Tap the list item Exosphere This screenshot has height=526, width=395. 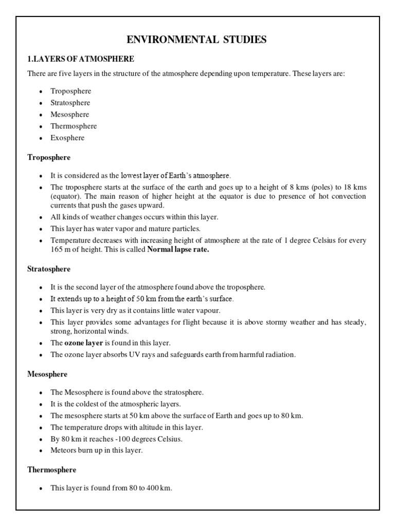pos(67,138)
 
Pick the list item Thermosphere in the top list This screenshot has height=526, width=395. pos(74,126)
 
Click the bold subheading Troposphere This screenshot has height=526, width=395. pos(49,157)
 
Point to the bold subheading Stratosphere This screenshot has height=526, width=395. pos(49,269)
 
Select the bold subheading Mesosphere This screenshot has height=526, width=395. pos(47,374)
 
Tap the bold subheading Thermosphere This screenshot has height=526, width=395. pos(51,469)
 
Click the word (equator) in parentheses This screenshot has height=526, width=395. pos(66,197)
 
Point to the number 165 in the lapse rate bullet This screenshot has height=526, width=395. pos(57,250)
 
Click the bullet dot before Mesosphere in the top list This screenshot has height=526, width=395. pos(40,115)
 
